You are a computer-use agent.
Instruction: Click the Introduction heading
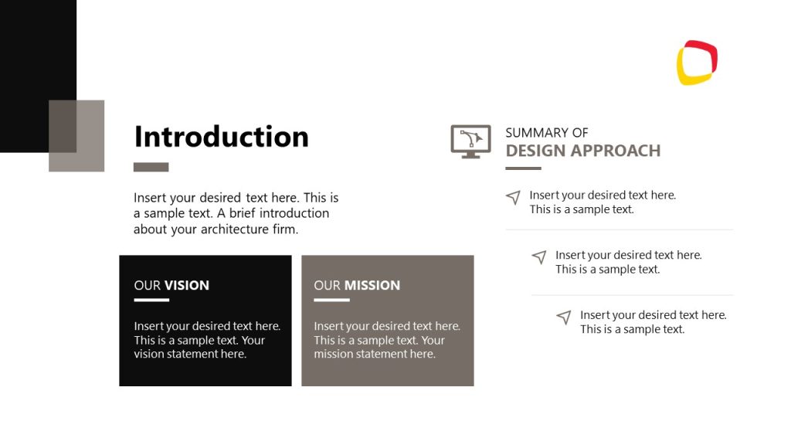pyautogui.click(x=221, y=137)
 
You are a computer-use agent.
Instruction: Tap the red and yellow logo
pyautogui.click(x=697, y=63)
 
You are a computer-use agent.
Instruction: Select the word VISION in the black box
pyautogui.click(x=186, y=285)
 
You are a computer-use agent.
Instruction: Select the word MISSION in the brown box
pyautogui.click(x=372, y=285)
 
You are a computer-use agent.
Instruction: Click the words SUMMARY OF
pyautogui.click(x=546, y=133)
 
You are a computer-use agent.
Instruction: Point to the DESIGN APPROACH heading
pyautogui.click(x=582, y=151)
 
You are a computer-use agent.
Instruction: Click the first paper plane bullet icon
pyautogui.click(x=513, y=198)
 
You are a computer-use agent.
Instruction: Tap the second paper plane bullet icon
pyautogui.click(x=539, y=257)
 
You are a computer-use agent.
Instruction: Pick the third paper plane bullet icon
pyautogui.click(x=564, y=318)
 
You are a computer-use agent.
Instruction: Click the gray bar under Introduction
pyautogui.click(x=151, y=167)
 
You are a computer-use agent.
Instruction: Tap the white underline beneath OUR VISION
pyautogui.click(x=151, y=300)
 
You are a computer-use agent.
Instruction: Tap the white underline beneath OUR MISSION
pyautogui.click(x=331, y=300)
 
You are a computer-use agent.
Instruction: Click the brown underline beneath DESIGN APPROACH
pyautogui.click(x=523, y=168)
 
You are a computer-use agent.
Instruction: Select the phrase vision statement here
pyautogui.click(x=189, y=354)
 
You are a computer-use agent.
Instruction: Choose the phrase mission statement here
pyautogui.click(x=374, y=354)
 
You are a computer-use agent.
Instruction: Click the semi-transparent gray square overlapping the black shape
pyautogui.click(x=76, y=136)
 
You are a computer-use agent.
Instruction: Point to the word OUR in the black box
pyautogui.click(x=147, y=285)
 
